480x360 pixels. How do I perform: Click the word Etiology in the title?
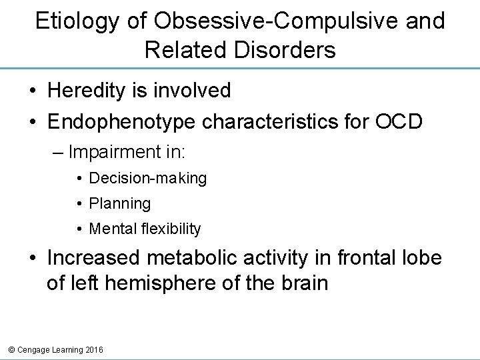click(77, 21)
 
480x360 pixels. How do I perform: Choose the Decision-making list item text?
click(147, 178)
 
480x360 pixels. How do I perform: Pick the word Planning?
click(120, 203)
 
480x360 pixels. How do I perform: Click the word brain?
click(303, 283)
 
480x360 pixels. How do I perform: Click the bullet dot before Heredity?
click(31, 91)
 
